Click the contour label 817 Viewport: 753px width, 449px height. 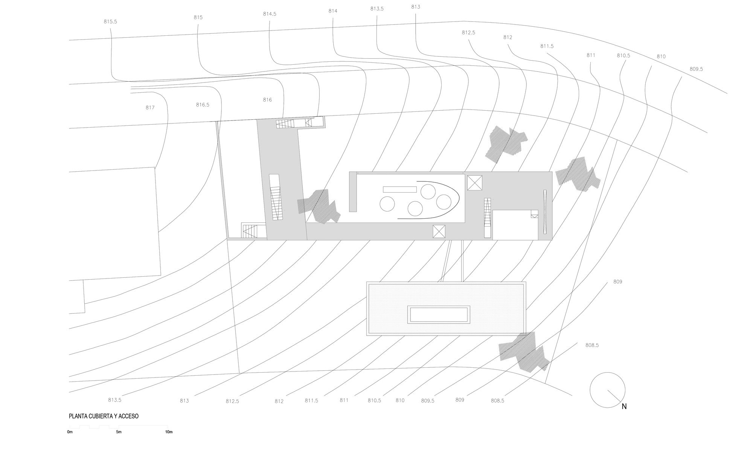click(150, 108)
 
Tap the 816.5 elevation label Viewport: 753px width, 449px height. click(203, 105)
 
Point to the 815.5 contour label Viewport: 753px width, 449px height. click(110, 22)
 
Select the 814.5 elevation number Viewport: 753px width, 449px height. click(270, 14)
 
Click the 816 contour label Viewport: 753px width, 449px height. click(267, 100)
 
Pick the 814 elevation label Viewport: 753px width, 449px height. click(333, 11)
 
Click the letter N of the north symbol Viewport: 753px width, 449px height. click(624, 406)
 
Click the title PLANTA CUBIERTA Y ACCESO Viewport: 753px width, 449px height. click(104, 416)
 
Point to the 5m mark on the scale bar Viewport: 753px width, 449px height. click(119, 432)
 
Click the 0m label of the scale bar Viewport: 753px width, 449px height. click(70, 432)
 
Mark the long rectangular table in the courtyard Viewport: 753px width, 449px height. click(399, 189)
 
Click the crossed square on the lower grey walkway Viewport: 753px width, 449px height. click(439, 231)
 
